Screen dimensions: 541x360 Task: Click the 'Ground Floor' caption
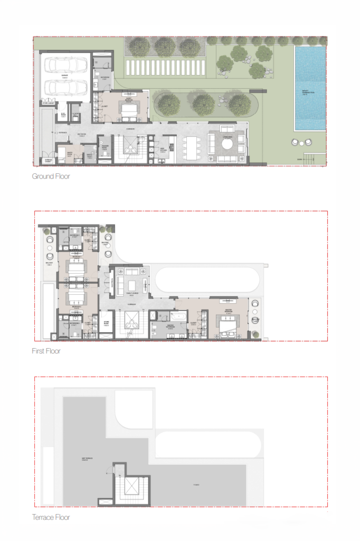point(51,176)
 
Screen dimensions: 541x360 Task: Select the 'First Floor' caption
point(46,351)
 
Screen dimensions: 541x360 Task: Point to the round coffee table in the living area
point(228,144)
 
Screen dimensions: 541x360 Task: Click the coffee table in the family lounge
point(131,285)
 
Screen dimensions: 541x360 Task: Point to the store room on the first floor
point(106,324)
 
